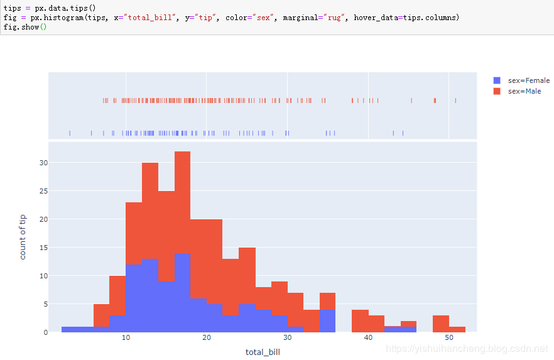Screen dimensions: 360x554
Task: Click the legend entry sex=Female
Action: (528, 80)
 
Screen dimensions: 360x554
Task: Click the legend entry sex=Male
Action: (524, 91)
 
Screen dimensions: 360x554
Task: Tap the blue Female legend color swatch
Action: (497, 80)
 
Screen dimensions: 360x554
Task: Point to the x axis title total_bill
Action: (263, 352)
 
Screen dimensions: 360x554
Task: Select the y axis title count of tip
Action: (23, 237)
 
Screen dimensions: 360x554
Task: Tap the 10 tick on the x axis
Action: (126, 338)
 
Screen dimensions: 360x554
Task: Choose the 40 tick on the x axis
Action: (368, 338)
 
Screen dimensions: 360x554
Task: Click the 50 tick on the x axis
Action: (448, 338)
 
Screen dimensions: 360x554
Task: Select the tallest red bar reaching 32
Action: (182, 201)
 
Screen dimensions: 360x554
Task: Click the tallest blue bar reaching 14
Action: (182, 292)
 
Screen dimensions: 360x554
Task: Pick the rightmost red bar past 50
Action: (457, 329)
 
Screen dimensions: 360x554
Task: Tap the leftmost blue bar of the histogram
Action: (70, 329)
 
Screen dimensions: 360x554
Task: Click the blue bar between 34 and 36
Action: (327, 320)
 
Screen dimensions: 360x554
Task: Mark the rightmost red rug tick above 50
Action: (455, 100)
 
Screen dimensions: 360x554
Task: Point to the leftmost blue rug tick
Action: (70, 133)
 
